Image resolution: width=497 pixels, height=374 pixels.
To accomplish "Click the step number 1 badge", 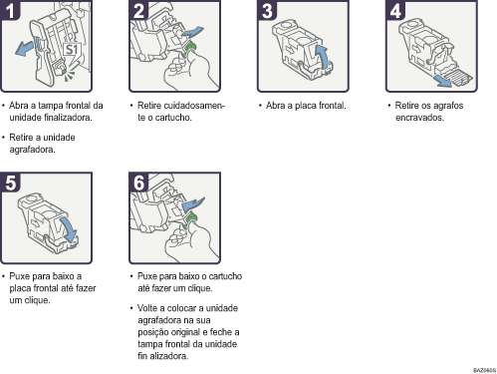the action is pyautogui.click(x=10, y=10).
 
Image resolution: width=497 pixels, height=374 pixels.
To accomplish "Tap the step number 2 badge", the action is pyautogui.click(x=138, y=10).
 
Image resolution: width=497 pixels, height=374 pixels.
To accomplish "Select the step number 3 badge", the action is pyautogui.click(x=267, y=10).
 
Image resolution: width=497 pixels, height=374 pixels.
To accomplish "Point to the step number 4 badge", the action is pyautogui.click(x=395, y=10).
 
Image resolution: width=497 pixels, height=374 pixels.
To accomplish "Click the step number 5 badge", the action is pyautogui.click(x=10, y=183).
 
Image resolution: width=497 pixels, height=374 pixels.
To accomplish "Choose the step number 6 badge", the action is pyautogui.click(x=138, y=183).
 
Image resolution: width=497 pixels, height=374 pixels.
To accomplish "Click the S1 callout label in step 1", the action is pyautogui.click(x=72, y=50).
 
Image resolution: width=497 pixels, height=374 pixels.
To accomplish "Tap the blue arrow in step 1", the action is pyautogui.click(x=25, y=48).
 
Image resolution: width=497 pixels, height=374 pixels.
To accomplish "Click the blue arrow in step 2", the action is pyautogui.click(x=192, y=32).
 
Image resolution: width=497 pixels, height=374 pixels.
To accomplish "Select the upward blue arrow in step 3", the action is pyautogui.click(x=323, y=57).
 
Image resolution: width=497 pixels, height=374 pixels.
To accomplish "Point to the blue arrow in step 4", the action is pyautogui.click(x=444, y=81).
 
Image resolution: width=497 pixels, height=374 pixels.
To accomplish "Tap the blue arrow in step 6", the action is pyautogui.click(x=193, y=203).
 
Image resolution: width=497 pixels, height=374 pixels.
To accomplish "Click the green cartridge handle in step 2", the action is pyautogui.click(x=190, y=49).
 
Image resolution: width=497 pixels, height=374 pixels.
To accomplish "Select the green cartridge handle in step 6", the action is pyautogui.click(x=189, y=221).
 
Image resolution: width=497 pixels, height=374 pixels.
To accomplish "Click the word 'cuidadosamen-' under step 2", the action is pyautogui.click(x=181, y=106).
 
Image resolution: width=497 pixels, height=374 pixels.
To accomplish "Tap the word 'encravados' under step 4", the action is pyautogui.click(x=419, y=118).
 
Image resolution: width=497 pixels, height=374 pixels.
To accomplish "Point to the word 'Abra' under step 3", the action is pyautogui.click(x=275, y=106).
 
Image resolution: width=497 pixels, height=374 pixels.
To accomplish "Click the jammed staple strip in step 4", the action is pyautogui.click(x=459, y=78).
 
